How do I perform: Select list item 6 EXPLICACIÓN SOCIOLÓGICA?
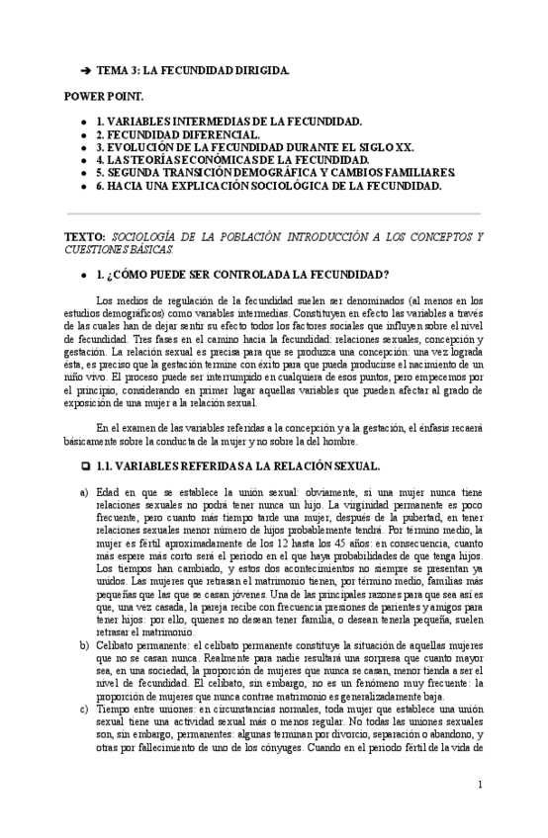268,185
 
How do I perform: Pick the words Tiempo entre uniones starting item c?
148,735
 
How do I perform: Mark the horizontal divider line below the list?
273,213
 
